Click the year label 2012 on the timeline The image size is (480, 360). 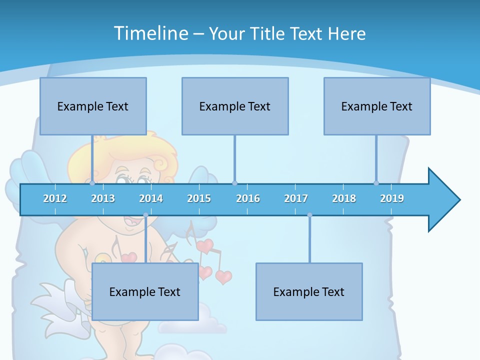pyautogui.click(x=55, y=198)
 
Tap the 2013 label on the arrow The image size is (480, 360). pyautogui.click(x=103, y=198)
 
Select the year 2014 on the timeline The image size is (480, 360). pyautogui.click(x=151, y=198)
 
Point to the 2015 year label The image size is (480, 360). pyautogui.click(x=199, y=198)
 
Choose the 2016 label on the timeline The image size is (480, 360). pyautogui.click(x=248, y=198)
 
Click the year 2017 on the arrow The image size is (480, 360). pyautogui.click(x=296, y=198)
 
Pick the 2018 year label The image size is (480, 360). pyautogui.click(x=344, y=198)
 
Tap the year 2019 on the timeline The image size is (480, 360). pyautogui.click(x=392, y=198)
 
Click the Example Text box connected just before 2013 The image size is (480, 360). pyautogui.click(x=93, y=106)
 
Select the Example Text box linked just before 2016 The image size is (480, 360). pyautogui.click(x=235, y=106)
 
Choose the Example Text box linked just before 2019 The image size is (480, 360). pyautogui.click(x=377, y=106)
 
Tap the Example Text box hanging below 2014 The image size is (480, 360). pyautogui.click(x=145, y=292)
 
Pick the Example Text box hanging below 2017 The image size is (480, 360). pyautogui.click(x=309, y=292)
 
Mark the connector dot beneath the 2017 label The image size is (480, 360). pyautogui.click(x=309, y=215)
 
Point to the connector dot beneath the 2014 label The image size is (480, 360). pyautogui.click(x=145, y=215)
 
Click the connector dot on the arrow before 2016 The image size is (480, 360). pyautogui.click(x=234, y=183)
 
